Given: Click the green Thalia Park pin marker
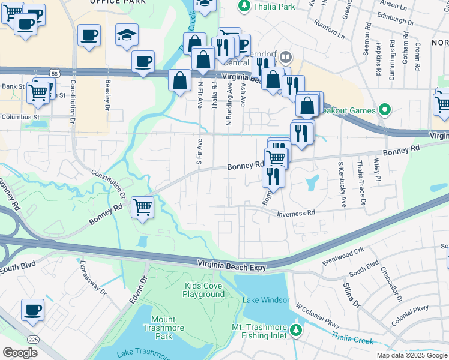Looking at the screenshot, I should [244, 6].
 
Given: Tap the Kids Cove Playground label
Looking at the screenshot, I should [204, 290].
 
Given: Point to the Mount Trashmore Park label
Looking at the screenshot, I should [159, 324].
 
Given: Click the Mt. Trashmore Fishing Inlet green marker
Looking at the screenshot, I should [295, 330].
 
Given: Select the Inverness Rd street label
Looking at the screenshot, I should [295, 213].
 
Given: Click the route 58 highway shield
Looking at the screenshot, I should [55, 73].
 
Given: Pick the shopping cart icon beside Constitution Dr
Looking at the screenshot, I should [143, 208].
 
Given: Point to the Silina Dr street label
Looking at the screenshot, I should [352, 299].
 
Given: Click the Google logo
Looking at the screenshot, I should [20, 353].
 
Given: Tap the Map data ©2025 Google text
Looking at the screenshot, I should [411, 355].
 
